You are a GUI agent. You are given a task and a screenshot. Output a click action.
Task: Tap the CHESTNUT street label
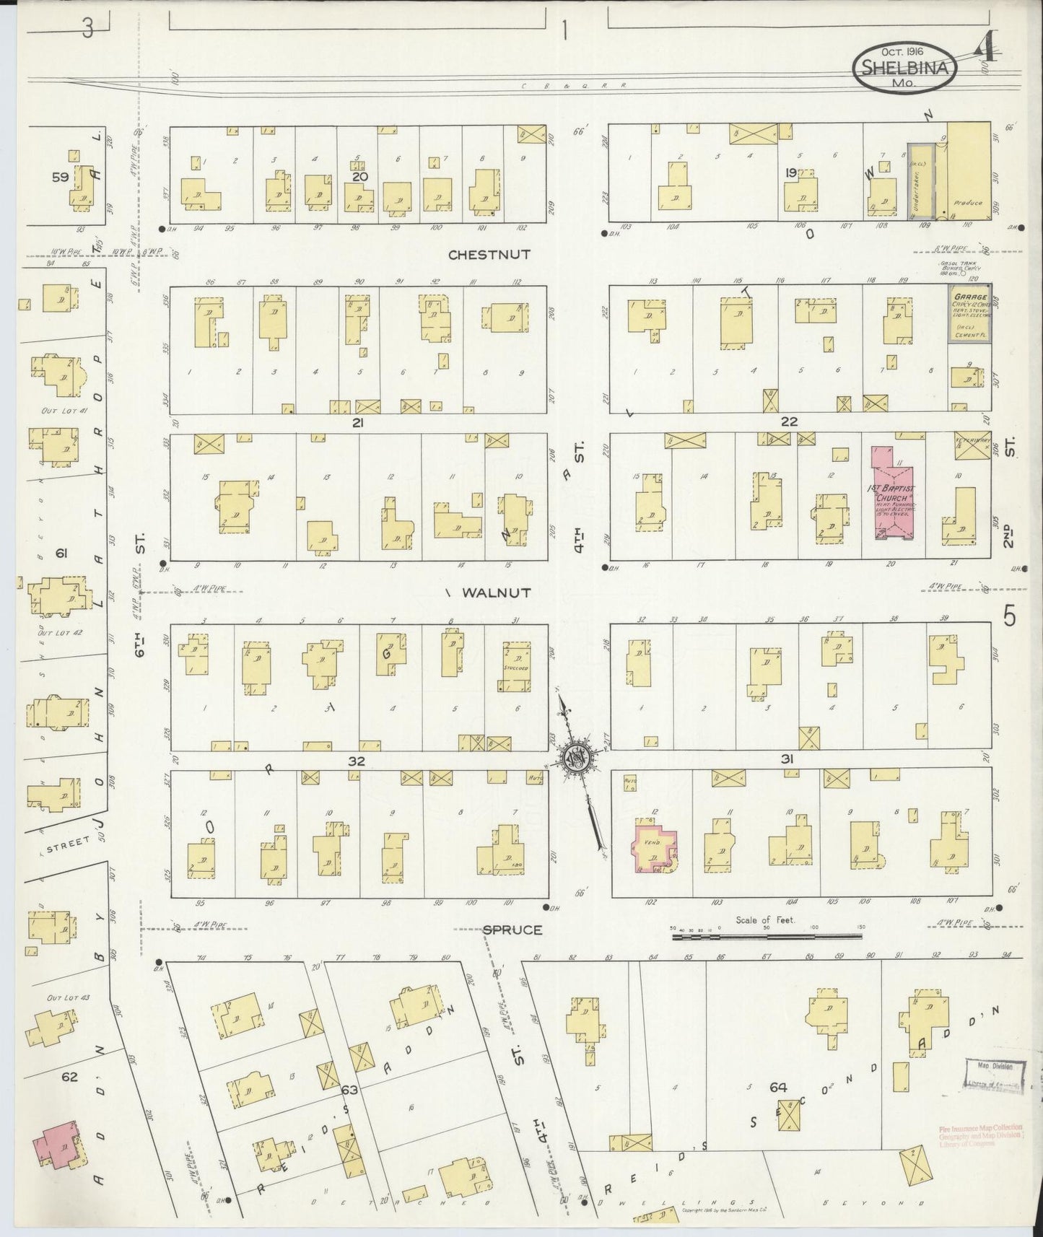[489, 255]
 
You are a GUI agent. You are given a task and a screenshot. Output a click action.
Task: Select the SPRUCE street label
[512, 930]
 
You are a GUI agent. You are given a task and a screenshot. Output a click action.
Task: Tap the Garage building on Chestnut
[969, 312]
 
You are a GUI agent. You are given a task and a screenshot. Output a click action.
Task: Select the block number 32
[356, 761]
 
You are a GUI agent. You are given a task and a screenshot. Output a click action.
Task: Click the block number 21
[357, 423]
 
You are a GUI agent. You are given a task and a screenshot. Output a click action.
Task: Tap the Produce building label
[967, 203]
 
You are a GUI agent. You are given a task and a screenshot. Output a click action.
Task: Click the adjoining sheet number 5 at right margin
[1009, 617]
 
